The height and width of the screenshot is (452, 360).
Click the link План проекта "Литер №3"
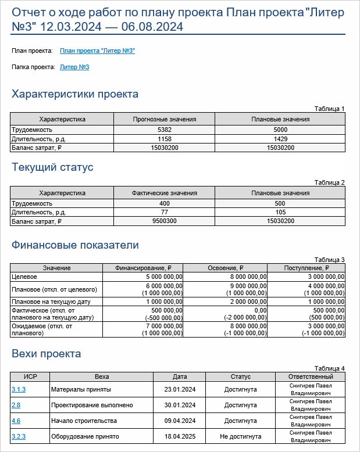coord(97,51)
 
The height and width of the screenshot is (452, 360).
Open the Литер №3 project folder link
coord(74,67)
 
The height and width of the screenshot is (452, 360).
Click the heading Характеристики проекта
coord(75,94)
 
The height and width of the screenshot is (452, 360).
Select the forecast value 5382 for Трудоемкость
coord(165,130)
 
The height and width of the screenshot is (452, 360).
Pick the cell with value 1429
coord(280,139)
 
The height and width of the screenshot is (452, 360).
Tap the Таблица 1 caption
coord(329,109)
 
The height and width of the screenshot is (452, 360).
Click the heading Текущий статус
coord(52,167)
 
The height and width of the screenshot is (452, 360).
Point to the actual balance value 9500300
coord(165,221)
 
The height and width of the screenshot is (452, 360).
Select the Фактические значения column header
coord(165,193)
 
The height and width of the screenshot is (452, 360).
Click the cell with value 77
coord(165,213)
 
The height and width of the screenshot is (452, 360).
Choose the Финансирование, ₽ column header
coord(144,268)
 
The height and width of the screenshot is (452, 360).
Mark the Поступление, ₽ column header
coord(307,268)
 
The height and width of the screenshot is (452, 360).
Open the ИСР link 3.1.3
coord(18,389)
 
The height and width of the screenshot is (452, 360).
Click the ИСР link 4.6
coord(16,421)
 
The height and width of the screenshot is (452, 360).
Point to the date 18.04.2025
coord(180,436)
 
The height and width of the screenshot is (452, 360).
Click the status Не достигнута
coord(240,436)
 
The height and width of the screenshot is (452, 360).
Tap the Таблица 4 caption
coord(329,368)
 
